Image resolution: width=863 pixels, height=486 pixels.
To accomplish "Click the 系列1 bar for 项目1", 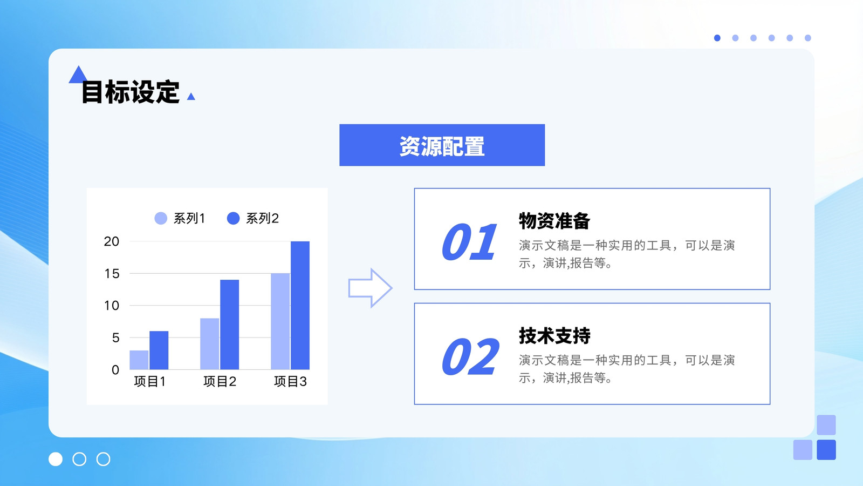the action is click(139, 360).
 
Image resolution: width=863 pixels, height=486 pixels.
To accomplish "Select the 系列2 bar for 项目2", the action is click(230, 325).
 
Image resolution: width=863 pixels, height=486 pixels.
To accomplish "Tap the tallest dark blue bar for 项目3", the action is click(300, 306).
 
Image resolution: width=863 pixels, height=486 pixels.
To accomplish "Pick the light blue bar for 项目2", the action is click(210, 343).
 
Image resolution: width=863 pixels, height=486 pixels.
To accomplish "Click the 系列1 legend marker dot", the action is click(161, 218).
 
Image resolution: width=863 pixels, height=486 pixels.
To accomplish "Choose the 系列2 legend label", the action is click(262, 218).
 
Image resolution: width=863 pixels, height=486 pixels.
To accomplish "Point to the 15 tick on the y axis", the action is click(112, 273).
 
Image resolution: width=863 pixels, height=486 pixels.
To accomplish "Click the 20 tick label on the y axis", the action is click(111, 241).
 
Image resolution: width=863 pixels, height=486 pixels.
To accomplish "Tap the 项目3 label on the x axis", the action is click(290, 381).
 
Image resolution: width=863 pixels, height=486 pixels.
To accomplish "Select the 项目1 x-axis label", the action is click(150, 381).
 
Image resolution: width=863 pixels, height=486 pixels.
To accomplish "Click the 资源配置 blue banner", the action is click(442, 145).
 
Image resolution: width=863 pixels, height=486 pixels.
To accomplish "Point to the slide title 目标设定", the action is click(130, 92).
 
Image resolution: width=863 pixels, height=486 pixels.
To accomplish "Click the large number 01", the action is click(469, 242).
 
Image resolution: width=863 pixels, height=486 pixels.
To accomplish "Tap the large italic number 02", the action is click(470, 356).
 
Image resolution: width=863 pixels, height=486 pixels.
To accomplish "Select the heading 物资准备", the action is click(554, 221).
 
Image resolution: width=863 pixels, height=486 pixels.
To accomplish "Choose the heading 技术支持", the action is click(554, 335).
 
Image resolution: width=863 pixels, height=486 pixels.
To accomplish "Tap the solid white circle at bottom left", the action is click(56, 459).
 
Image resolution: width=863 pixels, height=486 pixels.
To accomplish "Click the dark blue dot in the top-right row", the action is click(717, 38).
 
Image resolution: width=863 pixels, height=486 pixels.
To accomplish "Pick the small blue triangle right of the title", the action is click(191, 97).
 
